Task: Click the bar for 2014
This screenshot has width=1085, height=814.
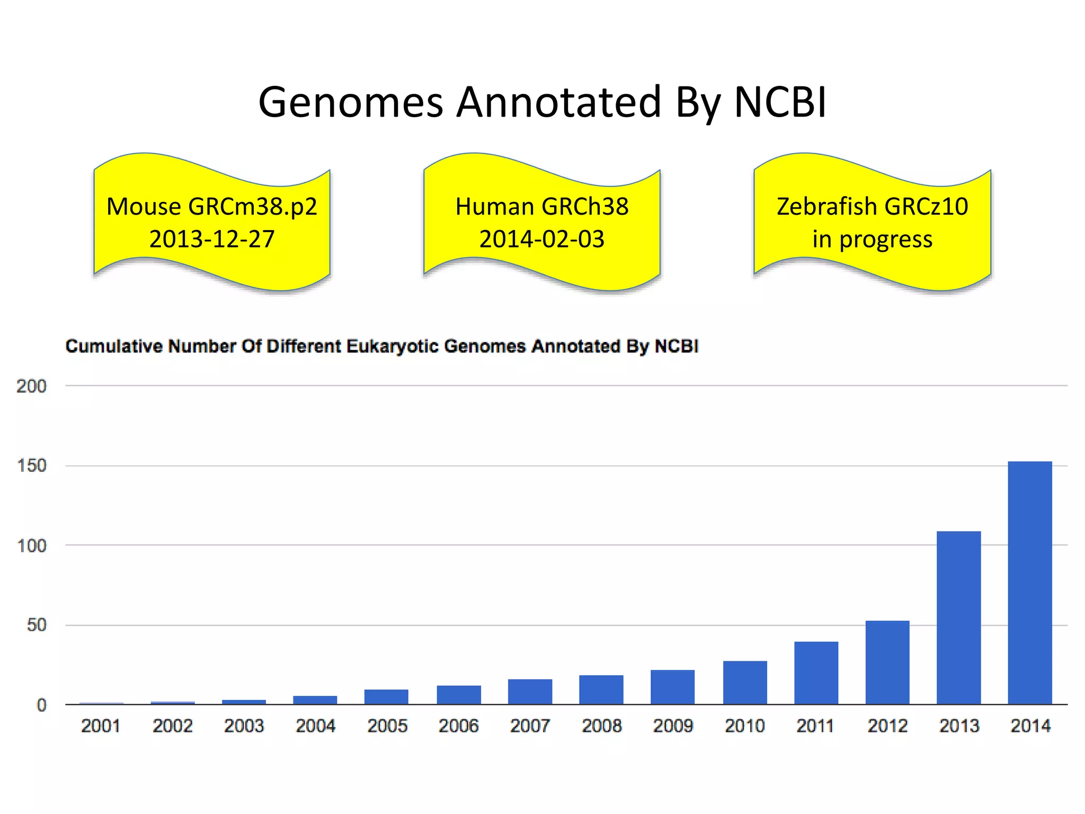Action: click(x=1029, y=583)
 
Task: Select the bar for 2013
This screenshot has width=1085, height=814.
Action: click(x=958, y=617)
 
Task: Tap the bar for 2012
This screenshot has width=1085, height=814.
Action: click(x=887, y=662)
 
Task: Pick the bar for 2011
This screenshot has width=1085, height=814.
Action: click(x=816, y=673)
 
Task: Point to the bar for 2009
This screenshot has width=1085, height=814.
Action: click(x=672, y=687)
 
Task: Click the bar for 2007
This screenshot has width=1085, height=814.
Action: click(x=530, y=692)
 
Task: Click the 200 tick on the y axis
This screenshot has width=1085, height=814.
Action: click(x=31, y=386)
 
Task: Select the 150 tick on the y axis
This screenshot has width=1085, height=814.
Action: click(x=31, y=466)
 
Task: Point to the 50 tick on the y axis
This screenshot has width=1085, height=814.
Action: click(x=37, y=625)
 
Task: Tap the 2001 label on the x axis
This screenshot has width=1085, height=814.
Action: click(x=101, y=725)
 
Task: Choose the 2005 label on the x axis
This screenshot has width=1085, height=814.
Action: click(x=387, y=725)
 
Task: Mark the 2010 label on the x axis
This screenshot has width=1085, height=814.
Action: click(x=744, y=725)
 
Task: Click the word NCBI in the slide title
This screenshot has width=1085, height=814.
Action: click(x=780, y=102)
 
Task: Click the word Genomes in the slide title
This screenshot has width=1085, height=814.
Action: click(x=350, y=102)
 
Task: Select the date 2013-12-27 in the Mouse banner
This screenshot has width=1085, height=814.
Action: click(x=212, y=239)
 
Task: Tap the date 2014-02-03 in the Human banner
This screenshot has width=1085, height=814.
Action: click(x=541, y=239)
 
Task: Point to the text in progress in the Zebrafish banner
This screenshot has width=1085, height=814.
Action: click(x=872, y=239)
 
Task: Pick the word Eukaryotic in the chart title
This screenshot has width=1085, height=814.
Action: click(x=393, y=346)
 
